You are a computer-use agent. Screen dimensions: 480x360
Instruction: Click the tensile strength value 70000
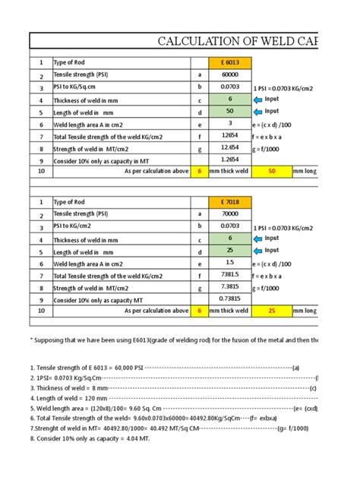tap(230, 213)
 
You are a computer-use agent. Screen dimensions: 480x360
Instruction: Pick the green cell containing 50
tap(230, 112)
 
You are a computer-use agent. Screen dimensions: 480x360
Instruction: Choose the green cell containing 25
tap(230, 250)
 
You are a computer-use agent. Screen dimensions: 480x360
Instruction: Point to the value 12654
tap(230, 135)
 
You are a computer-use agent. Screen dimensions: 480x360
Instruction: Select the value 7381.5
tap(230, 274)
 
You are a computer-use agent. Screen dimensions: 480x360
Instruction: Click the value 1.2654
tap(230, 159)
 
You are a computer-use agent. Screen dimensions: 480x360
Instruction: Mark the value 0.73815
tap(230, 298)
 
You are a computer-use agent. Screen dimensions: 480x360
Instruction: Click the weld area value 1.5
tap(230, 262)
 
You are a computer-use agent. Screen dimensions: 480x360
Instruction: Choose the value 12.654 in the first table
tap(230, 147)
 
